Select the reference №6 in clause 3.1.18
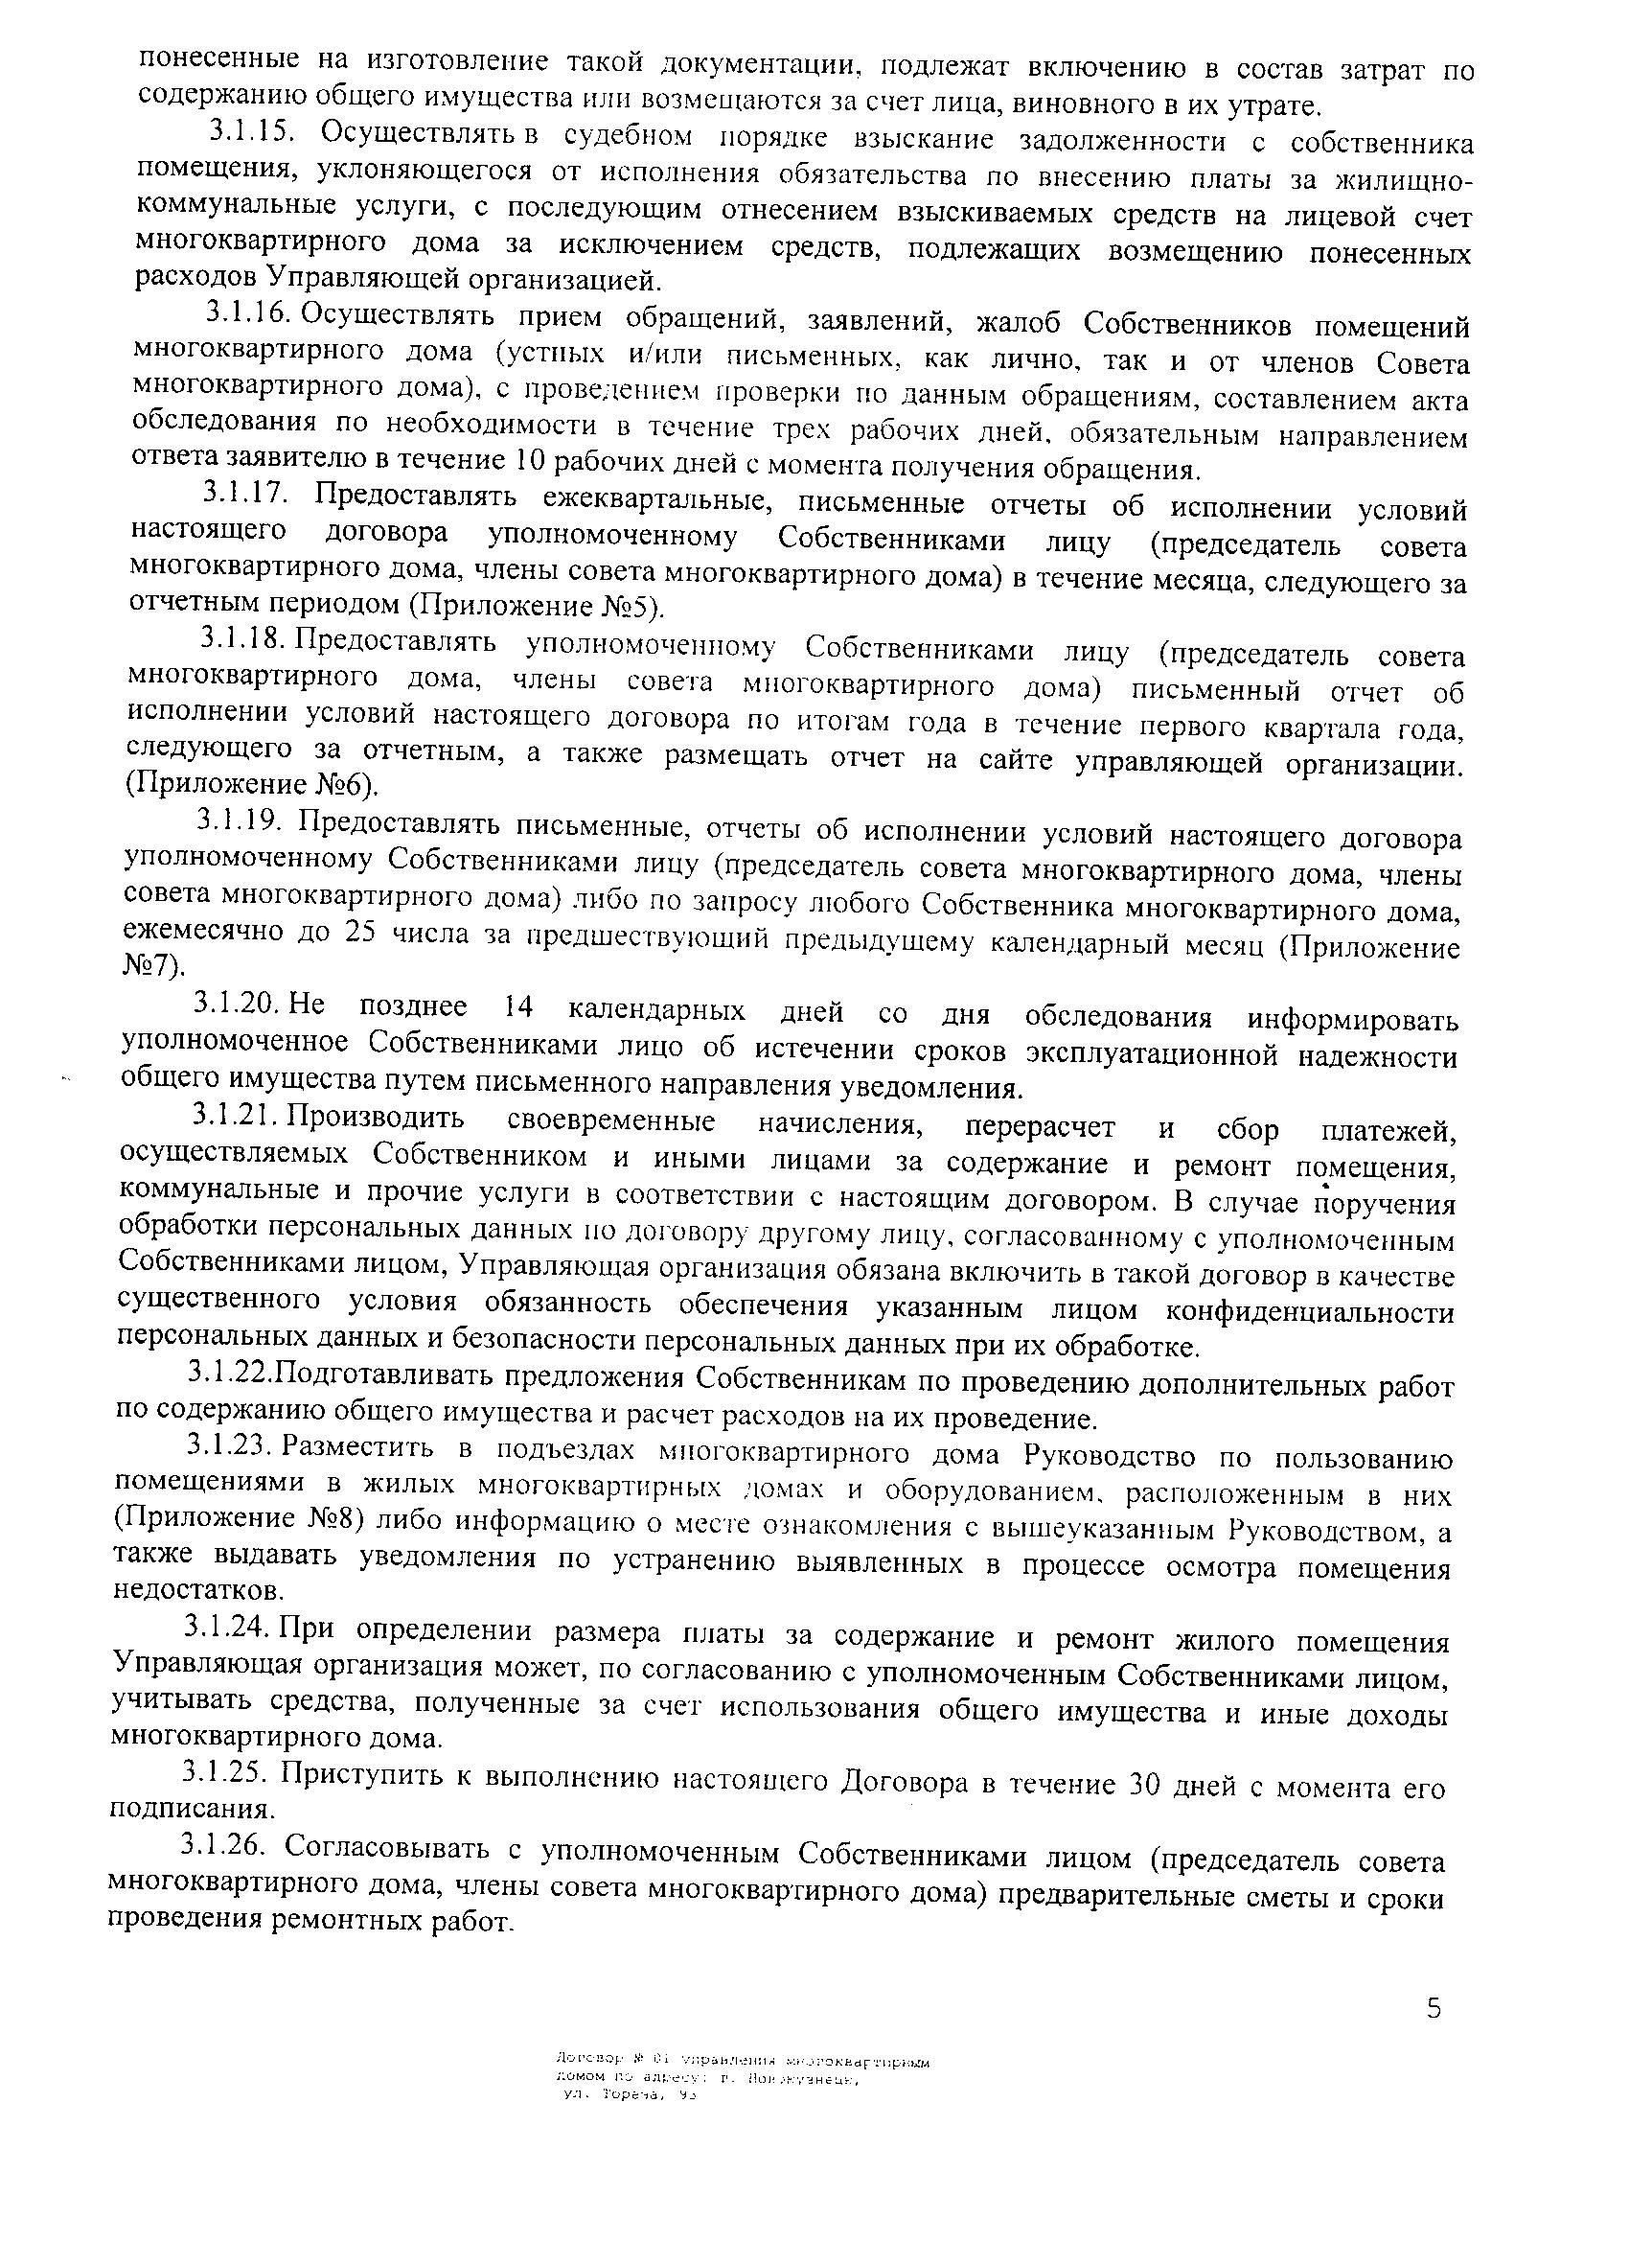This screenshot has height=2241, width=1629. click(346, 786)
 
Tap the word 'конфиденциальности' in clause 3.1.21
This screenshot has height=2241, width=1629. click(1310, 1313)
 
